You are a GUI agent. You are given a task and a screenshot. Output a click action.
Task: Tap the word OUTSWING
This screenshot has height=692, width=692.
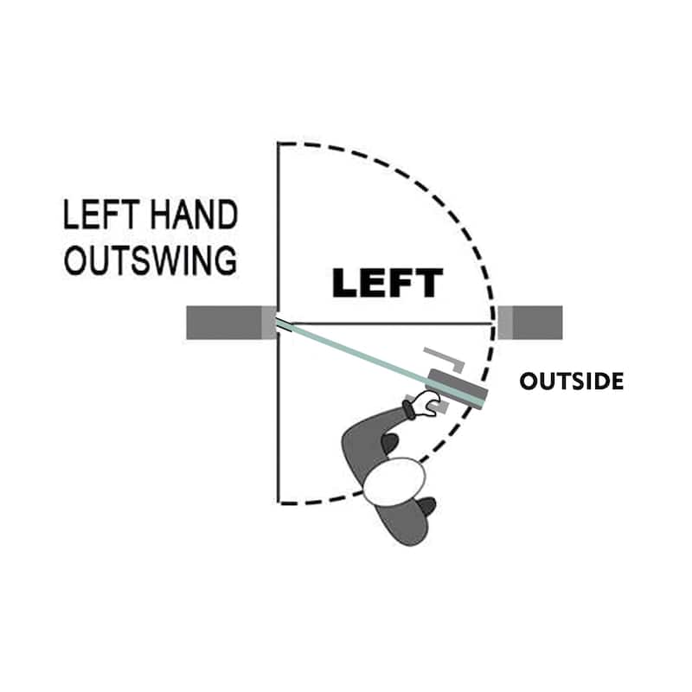click(150, 259)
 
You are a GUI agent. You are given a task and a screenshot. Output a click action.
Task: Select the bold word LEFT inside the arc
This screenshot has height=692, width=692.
click(388, 283)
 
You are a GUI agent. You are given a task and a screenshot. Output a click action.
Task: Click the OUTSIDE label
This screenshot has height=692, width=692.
click(571, 381)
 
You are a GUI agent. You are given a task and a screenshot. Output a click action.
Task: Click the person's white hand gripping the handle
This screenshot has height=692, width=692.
click(426, 402)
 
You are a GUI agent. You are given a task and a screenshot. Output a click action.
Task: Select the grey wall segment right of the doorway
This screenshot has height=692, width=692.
click(536, 323)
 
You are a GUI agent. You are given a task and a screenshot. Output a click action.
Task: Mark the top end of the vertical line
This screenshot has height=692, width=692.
click(278, 144)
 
